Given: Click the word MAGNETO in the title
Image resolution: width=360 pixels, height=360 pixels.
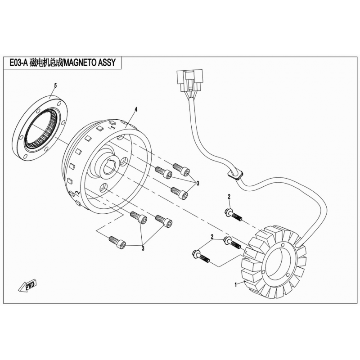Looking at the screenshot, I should pyautogui.click(x=81, y=64).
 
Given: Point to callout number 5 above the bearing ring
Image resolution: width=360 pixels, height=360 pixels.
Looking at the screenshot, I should pyautogui.click(x=55, y=85).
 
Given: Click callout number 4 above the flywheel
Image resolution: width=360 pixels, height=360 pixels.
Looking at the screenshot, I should pyautogui.click(x=135, y=110).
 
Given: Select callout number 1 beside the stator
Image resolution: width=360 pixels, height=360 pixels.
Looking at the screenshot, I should pyautogui.click(x=235, y=284).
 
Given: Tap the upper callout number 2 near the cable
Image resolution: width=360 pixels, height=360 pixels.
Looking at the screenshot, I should pyautogui.click(x=229, y=196).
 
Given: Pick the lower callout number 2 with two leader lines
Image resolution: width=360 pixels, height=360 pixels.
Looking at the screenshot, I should pyautogui.click(x=211, y=237).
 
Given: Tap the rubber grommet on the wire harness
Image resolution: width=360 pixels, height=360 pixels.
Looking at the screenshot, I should pyautogui.click(x=234, y=173).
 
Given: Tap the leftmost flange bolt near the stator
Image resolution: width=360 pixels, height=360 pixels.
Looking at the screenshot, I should pyautogui.click(x=201, y=256).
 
